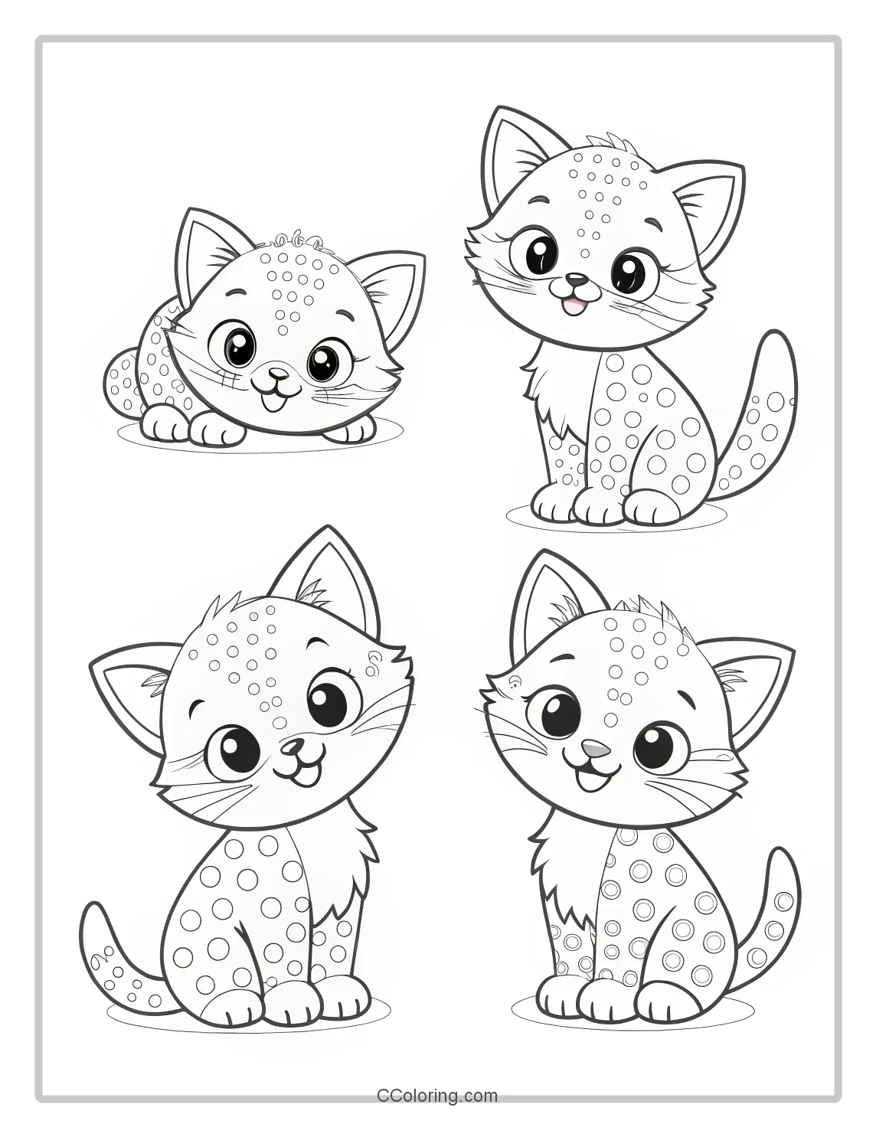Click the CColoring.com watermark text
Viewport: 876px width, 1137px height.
coord(437,1096)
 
